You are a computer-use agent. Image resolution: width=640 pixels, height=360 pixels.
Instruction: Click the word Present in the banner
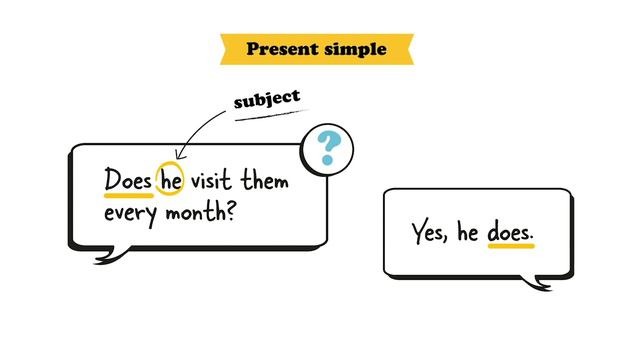click(281, 48)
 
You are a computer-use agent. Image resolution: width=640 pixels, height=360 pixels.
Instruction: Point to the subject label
click(266, 100)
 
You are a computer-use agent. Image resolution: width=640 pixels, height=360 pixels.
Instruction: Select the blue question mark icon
click(327, 150)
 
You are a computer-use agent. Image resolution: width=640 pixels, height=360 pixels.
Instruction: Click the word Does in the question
click(128, 181)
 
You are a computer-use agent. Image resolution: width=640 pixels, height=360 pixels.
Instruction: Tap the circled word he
click(172, 181)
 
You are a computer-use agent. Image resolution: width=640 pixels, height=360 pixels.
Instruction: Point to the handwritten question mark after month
click(229, 211)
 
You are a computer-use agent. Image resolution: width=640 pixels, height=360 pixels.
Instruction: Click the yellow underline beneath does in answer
click(510, 246)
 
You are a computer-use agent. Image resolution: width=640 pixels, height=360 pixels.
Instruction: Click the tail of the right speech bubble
click(540, 284)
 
